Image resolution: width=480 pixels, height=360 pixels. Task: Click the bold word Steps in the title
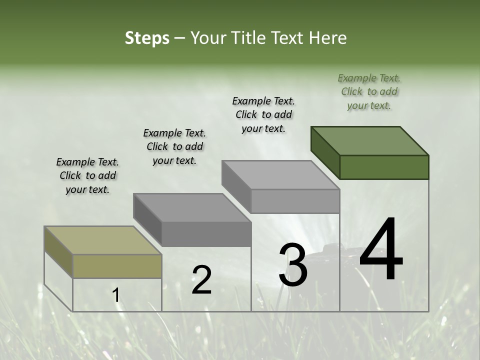pos(146,38)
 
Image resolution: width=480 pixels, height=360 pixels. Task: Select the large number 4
pos(381,250)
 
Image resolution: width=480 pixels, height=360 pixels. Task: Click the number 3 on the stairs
pos(292,265)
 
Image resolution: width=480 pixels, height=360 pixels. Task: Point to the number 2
pos(201,279)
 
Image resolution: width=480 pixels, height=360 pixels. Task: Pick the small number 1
pos(116,295)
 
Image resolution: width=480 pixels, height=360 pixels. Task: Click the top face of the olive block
pos(102,240)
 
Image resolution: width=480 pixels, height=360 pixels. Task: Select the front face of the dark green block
pos(384,167)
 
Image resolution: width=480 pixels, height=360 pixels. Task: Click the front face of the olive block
pos(117,266)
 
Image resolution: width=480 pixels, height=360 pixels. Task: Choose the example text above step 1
pos(87,175)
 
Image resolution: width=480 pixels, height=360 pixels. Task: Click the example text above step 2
pos(174,146)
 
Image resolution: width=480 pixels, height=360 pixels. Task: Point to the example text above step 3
pos(263,114)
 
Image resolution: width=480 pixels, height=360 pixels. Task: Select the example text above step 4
pos(369,91)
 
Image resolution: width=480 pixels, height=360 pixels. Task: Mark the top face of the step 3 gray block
pos(280,175)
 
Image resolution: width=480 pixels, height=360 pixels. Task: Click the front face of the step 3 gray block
pos(295,201)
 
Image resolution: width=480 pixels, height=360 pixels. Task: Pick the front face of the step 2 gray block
pos(206,234)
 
